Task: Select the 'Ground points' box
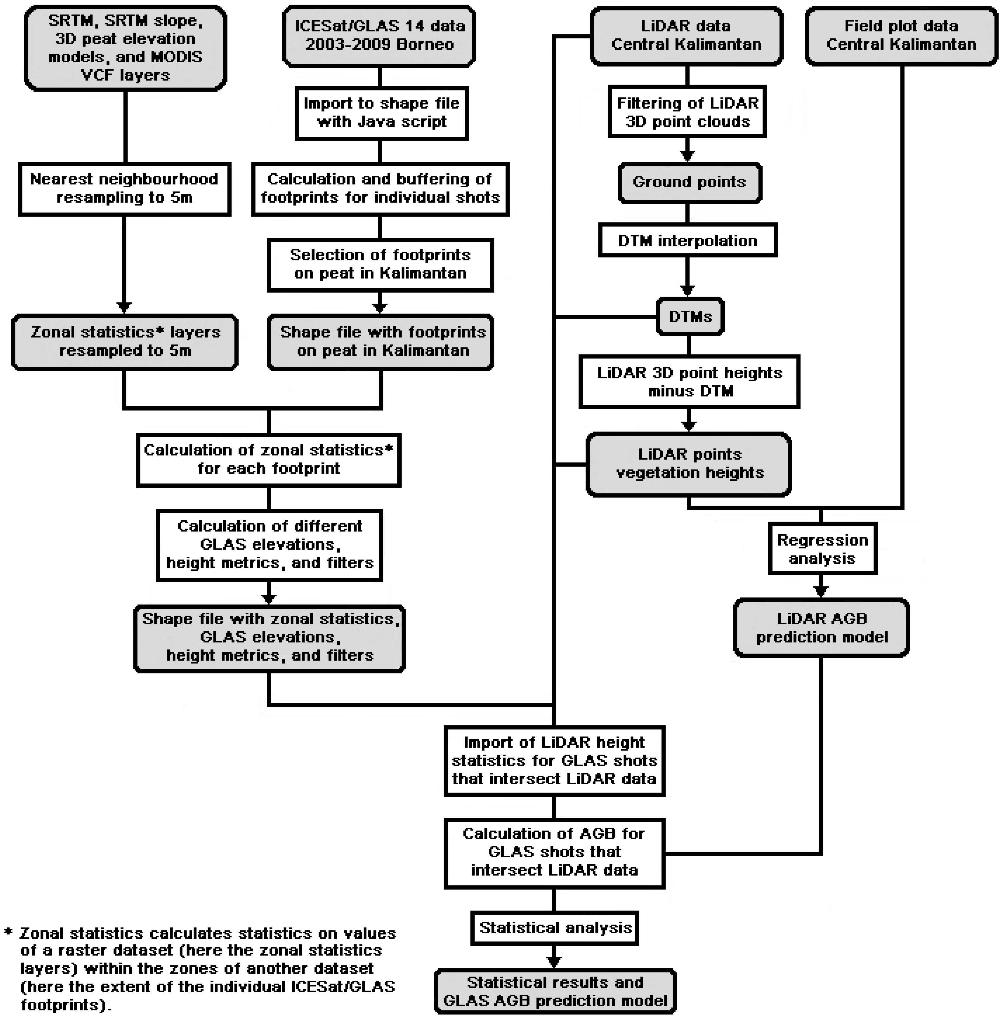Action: [689, 182]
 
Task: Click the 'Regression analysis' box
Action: [822, 549]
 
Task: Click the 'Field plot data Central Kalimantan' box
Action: [901, 35]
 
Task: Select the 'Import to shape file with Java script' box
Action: [381, 113]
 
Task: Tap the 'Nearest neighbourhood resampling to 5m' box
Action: [124, 189]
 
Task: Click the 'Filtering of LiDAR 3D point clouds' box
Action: [687, 112]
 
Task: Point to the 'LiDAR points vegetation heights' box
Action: [689, 464]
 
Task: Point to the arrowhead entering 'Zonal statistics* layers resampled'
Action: [124, 307]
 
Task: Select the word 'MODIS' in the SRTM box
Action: [176, 57]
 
